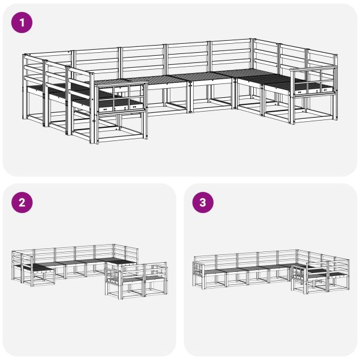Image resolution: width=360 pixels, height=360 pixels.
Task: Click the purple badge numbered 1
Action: pyautogui.click(x=22, y=23)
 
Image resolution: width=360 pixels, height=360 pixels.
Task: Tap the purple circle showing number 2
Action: pyautogui.click(x=22, y=203)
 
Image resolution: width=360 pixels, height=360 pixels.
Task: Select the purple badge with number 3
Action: pyautogui.click(x=202, y=203)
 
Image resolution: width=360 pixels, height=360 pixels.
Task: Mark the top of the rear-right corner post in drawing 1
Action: pyautogui.click(x=253, y=40)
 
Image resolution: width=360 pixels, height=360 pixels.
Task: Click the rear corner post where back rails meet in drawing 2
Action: pyautogui.click(x=115, y=245)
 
